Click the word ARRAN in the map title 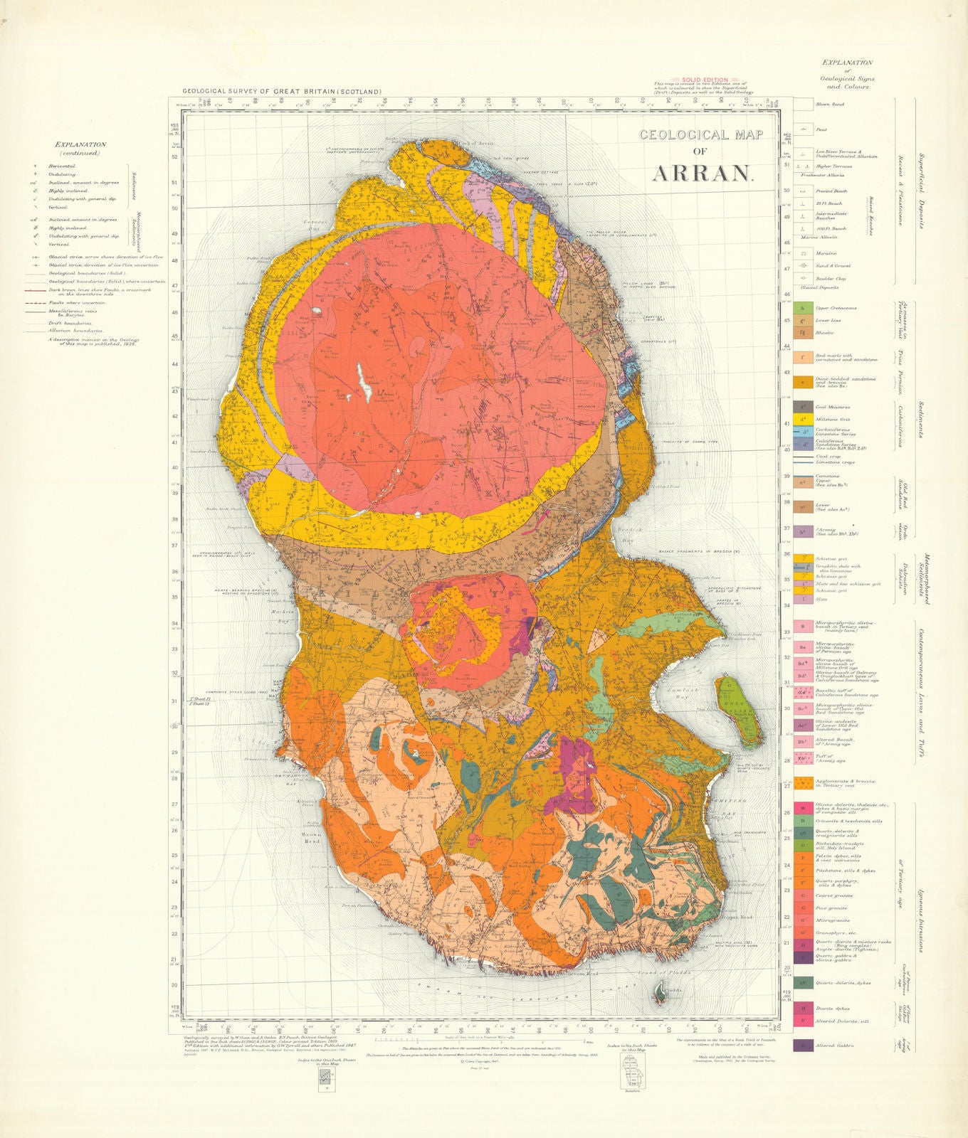702,173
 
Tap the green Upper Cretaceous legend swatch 803,308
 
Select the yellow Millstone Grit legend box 803,420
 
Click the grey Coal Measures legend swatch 803,408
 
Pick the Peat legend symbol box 803,129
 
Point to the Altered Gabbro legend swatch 803,1046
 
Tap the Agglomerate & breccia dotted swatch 803,783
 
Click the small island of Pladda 661,992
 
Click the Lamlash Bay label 676,691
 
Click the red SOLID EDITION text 705,80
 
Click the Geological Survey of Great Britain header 282,92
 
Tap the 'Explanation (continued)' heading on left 80,149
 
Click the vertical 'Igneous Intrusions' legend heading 920,918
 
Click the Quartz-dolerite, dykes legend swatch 803,983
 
